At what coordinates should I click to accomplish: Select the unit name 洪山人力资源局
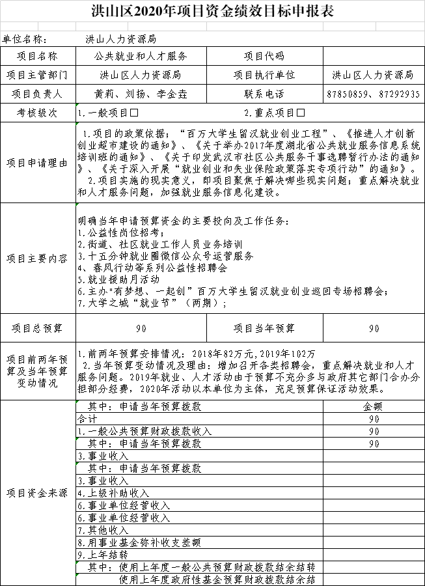click(120, 40)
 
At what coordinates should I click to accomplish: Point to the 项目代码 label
click(264, 57)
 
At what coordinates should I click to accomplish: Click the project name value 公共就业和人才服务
click(141, 57)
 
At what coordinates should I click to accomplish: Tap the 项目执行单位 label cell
click(264, 76)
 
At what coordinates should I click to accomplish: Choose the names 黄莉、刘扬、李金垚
click(141, 94)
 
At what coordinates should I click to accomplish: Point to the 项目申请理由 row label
click(38, 163)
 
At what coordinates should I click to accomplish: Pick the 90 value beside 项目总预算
click(141, 328)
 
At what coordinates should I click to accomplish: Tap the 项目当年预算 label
click(264, 328)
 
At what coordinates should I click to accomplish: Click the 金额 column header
click(374, 406)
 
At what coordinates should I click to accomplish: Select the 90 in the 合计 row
click(374, 419)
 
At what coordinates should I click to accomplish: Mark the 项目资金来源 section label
click(38, 493)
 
